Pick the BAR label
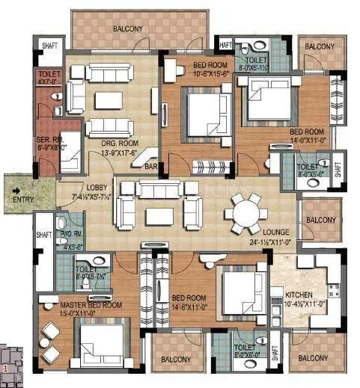(151, 167)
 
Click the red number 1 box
(6, 368)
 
